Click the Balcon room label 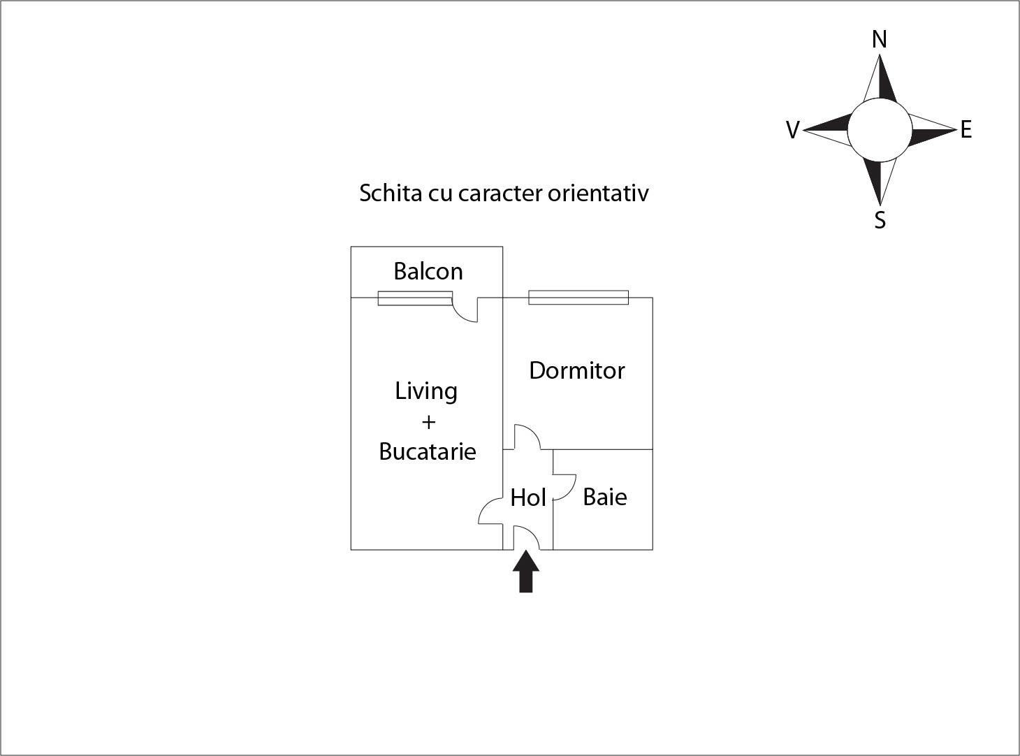pos(428,271)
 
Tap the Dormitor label pos(576,370)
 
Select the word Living pos(426,392)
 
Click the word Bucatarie pos(428,451)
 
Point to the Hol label pos(528,497)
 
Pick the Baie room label pos(605,497)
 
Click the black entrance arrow pos(525,572)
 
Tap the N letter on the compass pos(880,39)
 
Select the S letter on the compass pos(880,220)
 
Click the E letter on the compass pos(966,129)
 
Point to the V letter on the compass pos(793,130)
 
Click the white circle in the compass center pos(880,130)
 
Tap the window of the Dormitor pos(578,297)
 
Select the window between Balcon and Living pos(415,298)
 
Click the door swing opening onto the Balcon pos(465,310)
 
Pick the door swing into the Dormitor pos(527,437)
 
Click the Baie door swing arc pos(564,487)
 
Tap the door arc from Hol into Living pos(490,511)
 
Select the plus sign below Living pos(428,423)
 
